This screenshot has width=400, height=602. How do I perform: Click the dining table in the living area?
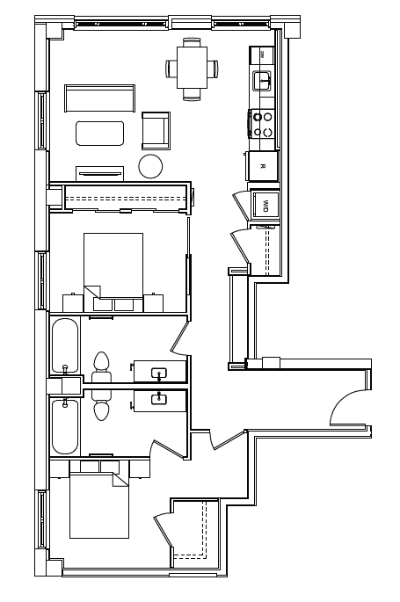point(192,68)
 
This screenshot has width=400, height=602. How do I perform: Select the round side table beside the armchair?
point(151,166)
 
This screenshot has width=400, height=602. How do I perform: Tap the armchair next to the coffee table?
point(156,131)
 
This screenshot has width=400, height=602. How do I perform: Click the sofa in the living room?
point(99,98)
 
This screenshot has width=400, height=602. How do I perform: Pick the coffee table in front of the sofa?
point(99,133)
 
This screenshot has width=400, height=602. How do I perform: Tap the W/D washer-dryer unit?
point(265,205)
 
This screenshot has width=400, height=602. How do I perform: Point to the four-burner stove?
point(263,123)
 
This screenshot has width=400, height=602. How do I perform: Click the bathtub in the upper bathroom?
point(65,345)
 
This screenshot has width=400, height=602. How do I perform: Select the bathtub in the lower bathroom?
point(65,426)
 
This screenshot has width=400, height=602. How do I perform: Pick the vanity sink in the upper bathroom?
point(159,373)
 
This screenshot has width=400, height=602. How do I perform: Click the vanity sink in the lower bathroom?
point(159,399)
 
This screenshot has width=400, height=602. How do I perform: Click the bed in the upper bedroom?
point(113,264)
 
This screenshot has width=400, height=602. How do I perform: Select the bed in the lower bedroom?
point(99,506)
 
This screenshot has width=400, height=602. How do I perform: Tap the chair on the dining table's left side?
point(169,69)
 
